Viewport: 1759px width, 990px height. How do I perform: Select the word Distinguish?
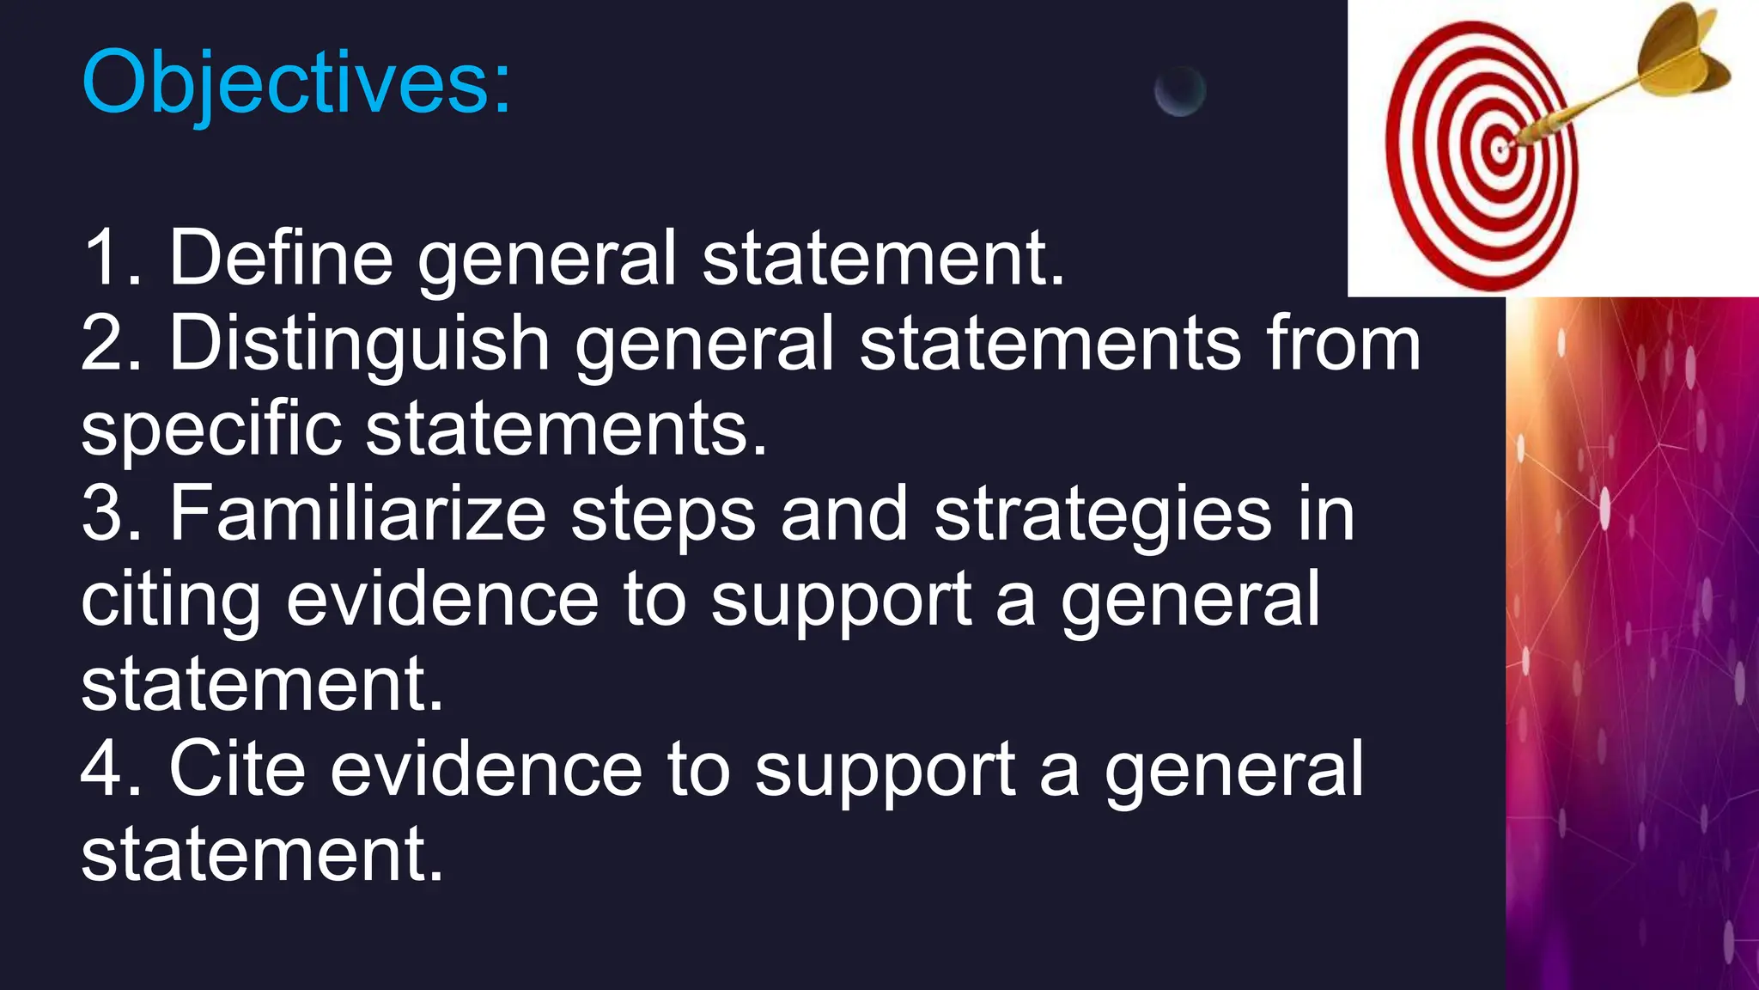(360, 343)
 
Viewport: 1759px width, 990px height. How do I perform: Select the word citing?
(170, 600)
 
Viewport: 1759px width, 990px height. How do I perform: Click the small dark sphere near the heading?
(1179, 90)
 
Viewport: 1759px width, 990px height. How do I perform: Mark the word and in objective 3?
(843, 513)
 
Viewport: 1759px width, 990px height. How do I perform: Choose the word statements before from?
(1050, 343)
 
